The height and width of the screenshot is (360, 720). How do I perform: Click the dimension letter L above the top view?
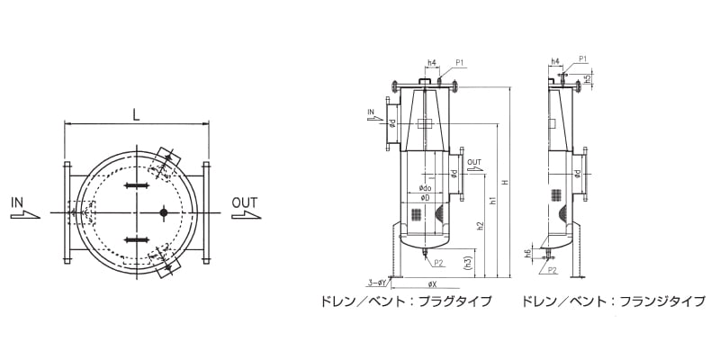pyautogui.click(x=136, y=114)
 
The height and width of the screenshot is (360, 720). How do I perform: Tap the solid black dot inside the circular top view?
pyautogui.click(x=164, y=212)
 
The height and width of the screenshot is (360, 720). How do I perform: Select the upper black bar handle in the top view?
pyautogui.click(x=136, y=185)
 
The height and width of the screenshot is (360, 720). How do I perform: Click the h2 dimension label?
pyautogui.click(x=481, y=224)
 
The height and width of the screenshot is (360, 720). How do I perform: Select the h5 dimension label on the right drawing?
pyautogui.click(x=587, y=78)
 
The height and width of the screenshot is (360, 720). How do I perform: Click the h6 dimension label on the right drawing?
pyautogui.click(x=527, y=254)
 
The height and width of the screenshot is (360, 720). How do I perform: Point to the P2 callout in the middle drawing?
pyautogui.click(x=439, y=263)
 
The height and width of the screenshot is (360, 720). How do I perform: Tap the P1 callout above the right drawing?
pyautogui.click(x=582, y=59)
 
